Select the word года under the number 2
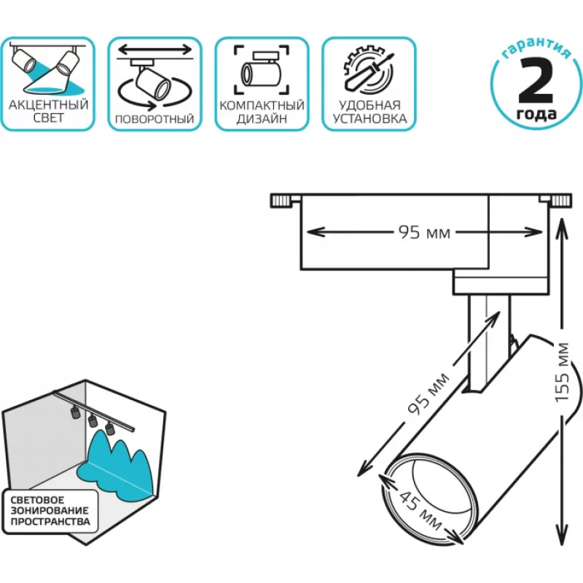tap(537, 114)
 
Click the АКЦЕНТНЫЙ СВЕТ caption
tap(49, 111)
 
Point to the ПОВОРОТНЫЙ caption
tap(154, 118)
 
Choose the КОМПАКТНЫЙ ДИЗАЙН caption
tap(261, 111)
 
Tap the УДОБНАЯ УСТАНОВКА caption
tap(369, 111)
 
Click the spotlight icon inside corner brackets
tap(261, 70)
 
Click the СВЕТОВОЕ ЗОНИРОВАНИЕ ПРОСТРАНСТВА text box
tap(50, 512)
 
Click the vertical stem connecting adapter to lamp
tap(482, 343)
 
